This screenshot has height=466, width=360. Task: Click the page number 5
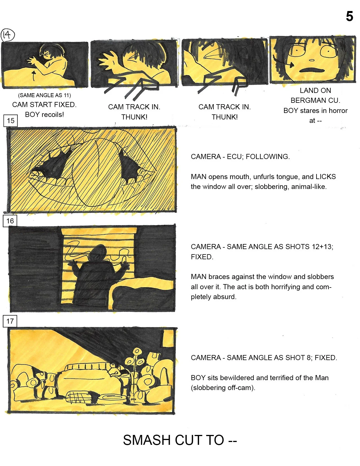[x=349, y=16]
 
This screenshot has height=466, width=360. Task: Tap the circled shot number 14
[x=7, y=35]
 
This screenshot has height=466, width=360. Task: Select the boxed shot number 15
[x=10, y=121]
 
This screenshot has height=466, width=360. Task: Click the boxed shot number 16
[x=10, y=221]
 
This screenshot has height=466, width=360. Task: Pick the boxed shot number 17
[x=10, y=321]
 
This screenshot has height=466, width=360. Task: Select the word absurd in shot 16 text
[x=226, y=297]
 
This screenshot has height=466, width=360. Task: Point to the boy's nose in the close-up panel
[x=311, y=60]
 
